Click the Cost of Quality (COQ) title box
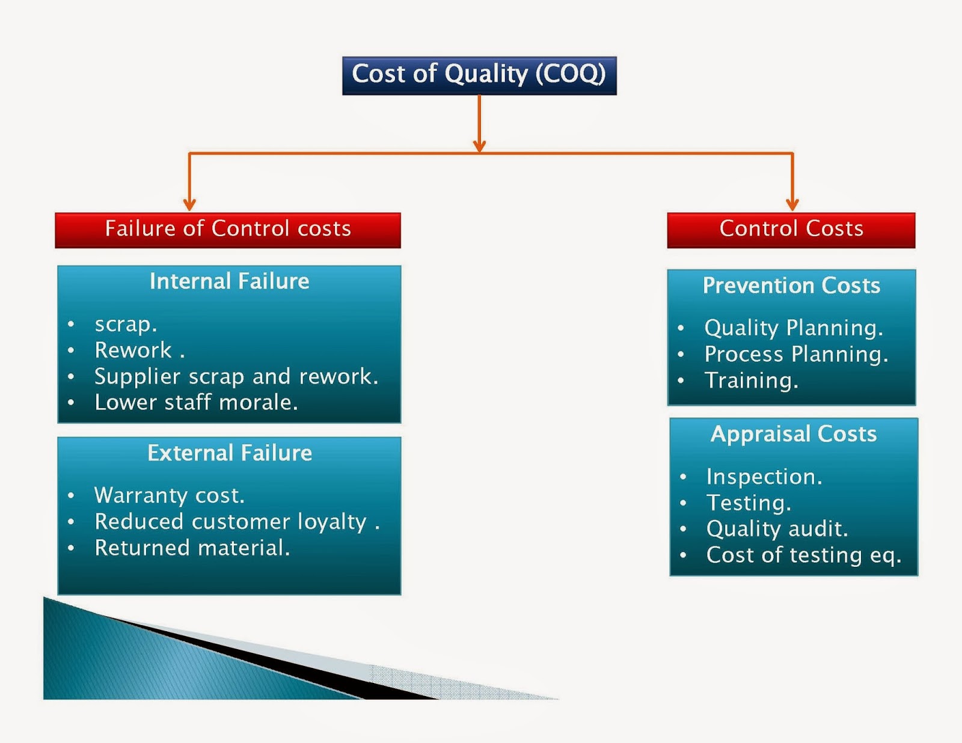pos(479,75)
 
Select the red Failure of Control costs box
pos(228,230)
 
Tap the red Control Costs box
pos(791,230)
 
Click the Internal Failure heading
pos(229,281)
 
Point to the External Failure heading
pos(230,453)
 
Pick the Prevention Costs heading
pos(791,286)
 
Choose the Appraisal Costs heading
pos(794,434)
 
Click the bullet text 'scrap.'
pos(126,325)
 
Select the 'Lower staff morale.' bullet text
pos(196,402)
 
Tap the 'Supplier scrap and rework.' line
pos(236,376)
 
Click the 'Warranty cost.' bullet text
pos(170,495)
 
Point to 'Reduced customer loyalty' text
pos(231,522)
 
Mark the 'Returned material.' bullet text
pos(192,548)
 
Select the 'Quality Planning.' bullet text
pos(794,328)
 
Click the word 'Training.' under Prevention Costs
pos(752,381)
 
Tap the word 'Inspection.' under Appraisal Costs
pos(764,477)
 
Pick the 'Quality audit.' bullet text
pos(777,529)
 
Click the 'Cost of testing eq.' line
pos(803,555)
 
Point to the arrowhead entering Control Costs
pos(792,205)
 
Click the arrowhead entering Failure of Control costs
pos(189,205)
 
